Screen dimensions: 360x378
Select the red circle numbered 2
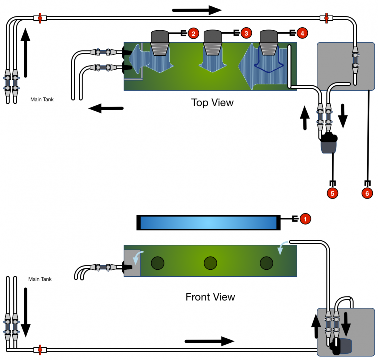[193, 33]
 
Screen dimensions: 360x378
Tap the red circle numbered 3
[246, 33]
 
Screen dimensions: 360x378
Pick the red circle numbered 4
[301, 33]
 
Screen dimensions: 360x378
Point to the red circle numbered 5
[332, 192]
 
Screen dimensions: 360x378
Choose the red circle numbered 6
[367, 192]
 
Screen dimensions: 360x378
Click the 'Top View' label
[212, 103]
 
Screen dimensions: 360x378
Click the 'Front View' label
[210, 297]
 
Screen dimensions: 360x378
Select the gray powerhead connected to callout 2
[160, 37]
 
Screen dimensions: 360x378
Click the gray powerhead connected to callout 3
[213, 37]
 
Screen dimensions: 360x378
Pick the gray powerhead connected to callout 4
[269, 37]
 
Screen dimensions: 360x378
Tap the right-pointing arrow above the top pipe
[197, 10]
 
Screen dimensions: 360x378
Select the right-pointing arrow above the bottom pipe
[209, 341]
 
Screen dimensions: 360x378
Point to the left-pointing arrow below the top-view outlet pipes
[106, 106]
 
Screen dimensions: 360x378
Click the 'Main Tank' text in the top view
[42, 100]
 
